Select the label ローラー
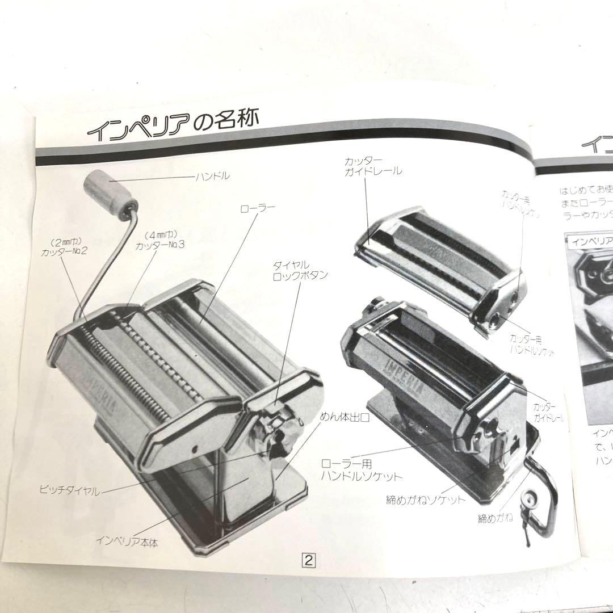point(257,208)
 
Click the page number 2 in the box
point(309,560)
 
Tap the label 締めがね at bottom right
point(495,518)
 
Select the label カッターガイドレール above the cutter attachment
point(373,165)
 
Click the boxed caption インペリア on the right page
point(590,240)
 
